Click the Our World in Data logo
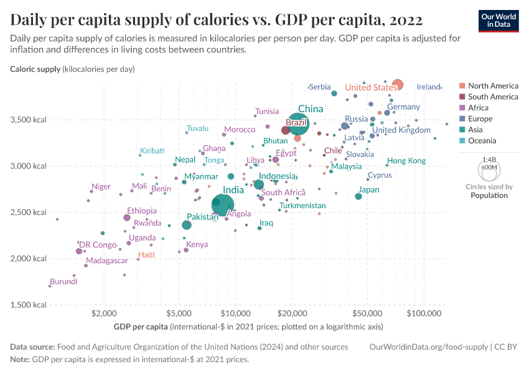[x=500, y=20]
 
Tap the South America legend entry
[x=492, y=97]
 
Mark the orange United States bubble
[x=398, y=85]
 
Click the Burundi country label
[x=64, y=282]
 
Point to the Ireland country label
[x=429, y=87]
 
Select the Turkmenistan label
[x=302, y=206]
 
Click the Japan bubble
[x=358, y=196]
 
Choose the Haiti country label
[x=147, y=255]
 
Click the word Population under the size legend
[x=489, y=195]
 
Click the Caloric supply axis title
[x=35, y=69]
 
